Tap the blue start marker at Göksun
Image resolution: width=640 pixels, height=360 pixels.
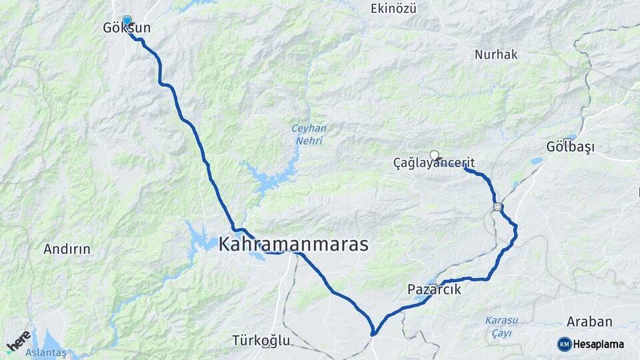[x=127, y=21]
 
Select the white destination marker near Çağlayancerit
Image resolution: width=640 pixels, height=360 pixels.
[x=435, y=155]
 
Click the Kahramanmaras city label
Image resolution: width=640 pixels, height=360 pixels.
[x=293, y=244]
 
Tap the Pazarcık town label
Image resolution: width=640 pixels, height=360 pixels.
[x=434, y=290]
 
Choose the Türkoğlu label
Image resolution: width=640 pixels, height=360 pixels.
[x=261, y=341]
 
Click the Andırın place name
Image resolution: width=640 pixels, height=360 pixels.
[x=67, y=249]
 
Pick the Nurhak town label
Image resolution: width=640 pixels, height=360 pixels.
[x=496, y=55]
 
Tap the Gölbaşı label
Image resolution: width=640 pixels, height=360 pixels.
[x=570, y=147]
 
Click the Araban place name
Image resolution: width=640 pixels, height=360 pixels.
[x=589, y=322]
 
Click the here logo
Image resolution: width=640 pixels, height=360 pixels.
[x=19, y=341]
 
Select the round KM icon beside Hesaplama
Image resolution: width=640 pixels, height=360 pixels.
[x=565, y=344]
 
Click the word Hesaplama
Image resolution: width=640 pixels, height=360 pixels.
[x=599, y=345]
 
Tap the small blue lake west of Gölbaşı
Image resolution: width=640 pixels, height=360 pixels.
[x=537, y=161]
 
